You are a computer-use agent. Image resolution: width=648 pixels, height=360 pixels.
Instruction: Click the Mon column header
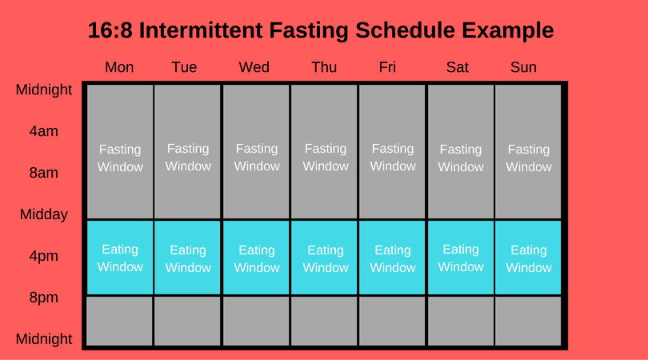[119, 67]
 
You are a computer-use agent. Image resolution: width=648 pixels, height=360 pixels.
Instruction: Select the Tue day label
[184, 67]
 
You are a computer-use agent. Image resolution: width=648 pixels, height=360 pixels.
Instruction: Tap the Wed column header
[254, 67]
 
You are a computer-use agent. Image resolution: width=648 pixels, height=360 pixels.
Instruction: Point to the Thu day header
[324, 67]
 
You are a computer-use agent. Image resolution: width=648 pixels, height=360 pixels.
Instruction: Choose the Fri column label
[387, 67]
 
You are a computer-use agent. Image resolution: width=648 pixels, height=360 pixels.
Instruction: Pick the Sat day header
[458, 67]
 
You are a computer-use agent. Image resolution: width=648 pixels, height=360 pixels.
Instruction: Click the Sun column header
[523, 67]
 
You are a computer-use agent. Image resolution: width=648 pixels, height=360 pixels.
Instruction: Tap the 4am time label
[44, 131]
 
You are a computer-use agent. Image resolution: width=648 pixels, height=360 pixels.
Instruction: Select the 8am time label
[44, 173]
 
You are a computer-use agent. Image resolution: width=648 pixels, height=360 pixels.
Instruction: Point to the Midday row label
[44, 214]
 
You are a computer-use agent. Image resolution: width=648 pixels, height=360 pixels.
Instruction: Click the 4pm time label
[44, 256]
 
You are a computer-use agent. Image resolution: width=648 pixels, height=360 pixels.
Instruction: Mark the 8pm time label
[44, 298]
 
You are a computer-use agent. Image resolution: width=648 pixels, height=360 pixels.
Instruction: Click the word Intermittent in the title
[214, 31]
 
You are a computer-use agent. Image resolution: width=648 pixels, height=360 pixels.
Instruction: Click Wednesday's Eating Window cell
[257, 258]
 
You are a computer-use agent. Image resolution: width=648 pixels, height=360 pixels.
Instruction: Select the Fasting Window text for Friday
[393, 158]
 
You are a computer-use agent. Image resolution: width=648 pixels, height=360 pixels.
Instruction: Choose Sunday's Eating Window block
[529, 258]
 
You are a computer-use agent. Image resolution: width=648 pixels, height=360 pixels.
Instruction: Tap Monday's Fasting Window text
[120, 158]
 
